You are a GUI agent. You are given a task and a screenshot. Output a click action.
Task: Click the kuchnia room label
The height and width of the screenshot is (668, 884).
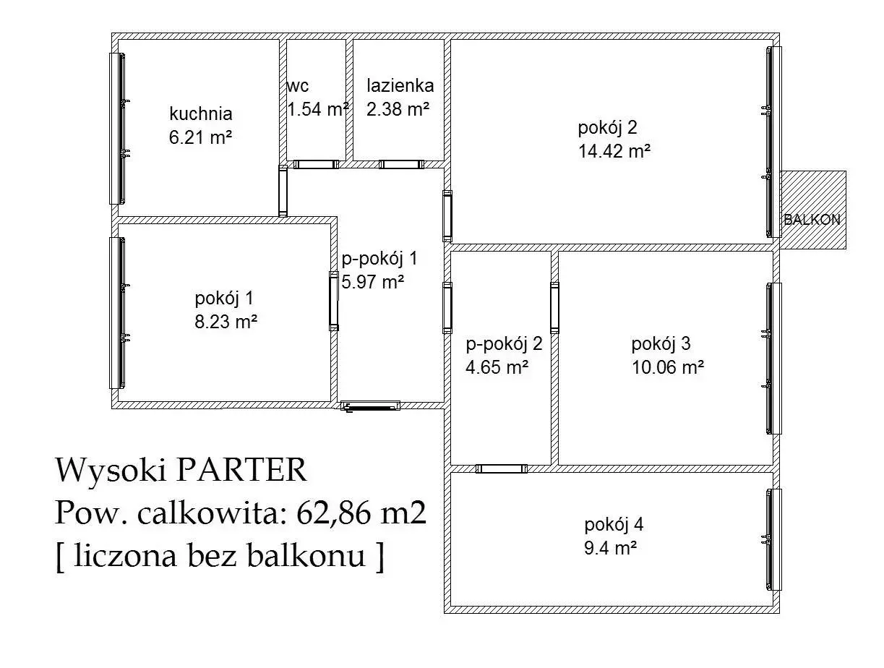(200, 114)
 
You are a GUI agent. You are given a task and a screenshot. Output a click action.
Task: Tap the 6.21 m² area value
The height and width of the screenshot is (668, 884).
(200, 137)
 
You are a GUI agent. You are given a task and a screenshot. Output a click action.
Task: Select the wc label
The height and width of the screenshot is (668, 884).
(298, 86)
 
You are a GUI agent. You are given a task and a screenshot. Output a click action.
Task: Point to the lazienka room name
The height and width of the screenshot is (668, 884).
(400, 86)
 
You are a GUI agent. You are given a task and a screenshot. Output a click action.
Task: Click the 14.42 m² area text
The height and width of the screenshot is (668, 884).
(614, 151)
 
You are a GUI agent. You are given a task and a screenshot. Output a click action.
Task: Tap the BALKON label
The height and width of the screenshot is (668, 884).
(812, 220)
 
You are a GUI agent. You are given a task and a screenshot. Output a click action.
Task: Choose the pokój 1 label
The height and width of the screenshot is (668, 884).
(224, 299)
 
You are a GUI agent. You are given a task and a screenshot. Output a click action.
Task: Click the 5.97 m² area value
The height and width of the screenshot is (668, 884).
(372, 281)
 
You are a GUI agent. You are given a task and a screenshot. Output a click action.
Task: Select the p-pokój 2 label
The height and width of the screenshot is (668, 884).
(504, 344)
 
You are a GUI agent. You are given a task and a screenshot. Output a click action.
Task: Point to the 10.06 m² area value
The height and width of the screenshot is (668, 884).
(668, 367)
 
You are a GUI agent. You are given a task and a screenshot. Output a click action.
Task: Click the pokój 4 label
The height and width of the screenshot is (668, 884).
(614, 525)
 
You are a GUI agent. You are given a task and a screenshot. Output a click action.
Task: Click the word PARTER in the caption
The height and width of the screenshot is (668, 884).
(241, 469)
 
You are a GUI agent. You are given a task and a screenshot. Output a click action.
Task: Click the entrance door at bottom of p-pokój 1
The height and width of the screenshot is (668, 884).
(371, 406)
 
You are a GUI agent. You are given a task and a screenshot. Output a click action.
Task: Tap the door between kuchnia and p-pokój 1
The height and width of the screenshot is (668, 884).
(283, 192)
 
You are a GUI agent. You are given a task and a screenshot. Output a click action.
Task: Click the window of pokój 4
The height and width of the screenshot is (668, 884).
(773, 539)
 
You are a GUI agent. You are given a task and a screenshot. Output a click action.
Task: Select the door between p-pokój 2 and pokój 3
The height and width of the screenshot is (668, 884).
(554, 308)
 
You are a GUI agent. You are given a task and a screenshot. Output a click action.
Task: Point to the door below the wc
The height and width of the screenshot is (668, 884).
(316, 164)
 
